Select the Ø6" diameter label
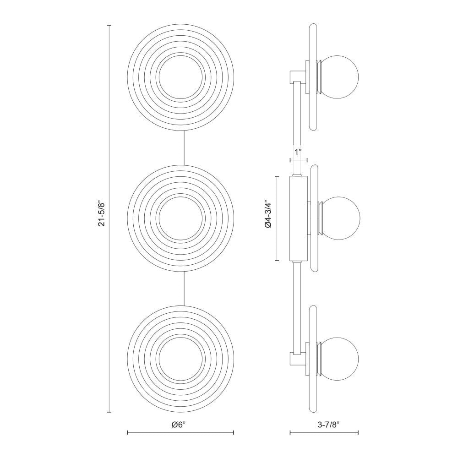pos(180,425)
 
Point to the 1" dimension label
pos(298,152)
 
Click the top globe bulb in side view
pos(340,77)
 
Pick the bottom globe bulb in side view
pos(340,359)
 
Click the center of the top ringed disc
pos(180,77)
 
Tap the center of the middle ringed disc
pos(180,218)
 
